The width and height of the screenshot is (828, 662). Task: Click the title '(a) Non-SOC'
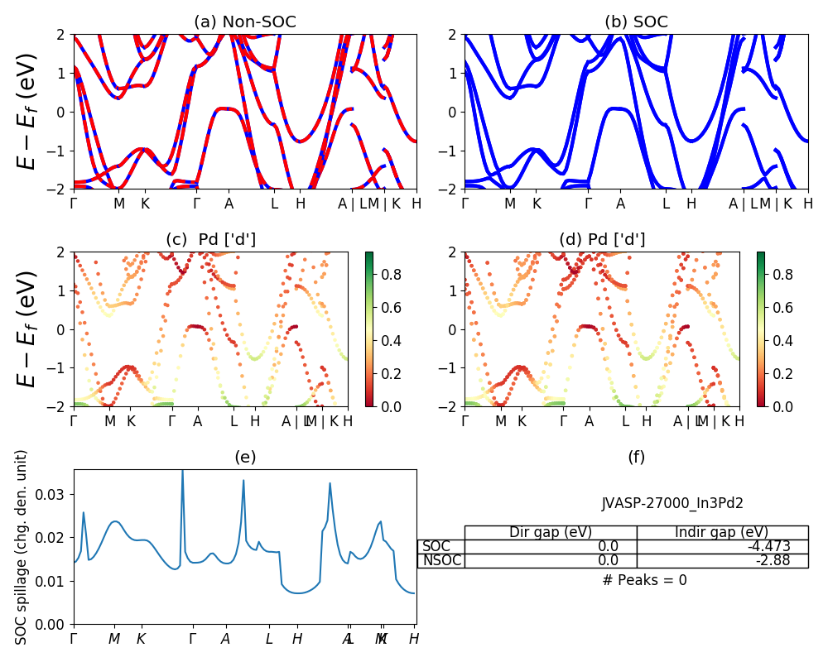(x=245, y=22)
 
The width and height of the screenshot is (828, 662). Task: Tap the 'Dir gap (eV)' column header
(x=551, y=532)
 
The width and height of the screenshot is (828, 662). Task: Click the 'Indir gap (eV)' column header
(x=722, y=532)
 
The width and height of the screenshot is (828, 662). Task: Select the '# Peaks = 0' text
(x=644, y=580)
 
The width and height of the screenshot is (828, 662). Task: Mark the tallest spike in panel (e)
(x=182, y=472)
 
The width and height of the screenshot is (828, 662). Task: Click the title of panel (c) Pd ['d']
(x=211, y=240)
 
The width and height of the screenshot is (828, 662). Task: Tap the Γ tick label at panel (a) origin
(x=74, y=204)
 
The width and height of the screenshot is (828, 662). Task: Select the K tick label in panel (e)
(x=141, y=639)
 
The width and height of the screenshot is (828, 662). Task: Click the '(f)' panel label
(x=636, y=457)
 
